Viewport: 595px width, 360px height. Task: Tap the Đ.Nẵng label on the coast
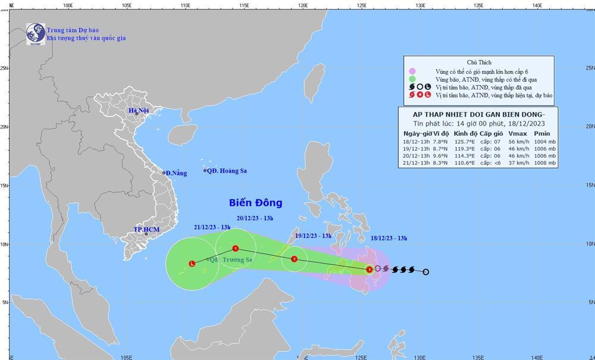(176, 173)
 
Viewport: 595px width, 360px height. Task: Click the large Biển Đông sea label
(255, 203)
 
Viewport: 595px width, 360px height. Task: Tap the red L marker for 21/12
(192, 264)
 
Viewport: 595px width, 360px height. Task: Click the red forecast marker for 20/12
(236, 249)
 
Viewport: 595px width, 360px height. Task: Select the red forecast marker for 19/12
(294, 259)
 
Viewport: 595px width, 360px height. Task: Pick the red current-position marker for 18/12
(369, 270)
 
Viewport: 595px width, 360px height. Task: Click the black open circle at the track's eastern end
(425, 272)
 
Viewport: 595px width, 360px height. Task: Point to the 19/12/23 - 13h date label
(313, 236)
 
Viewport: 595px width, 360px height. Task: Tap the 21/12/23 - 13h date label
(212, 227)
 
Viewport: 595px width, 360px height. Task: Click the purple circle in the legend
(411, 71)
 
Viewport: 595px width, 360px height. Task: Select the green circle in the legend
(411, 79)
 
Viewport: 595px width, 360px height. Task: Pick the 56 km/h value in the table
(518, 142)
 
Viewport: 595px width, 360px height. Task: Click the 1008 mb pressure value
(544, 163)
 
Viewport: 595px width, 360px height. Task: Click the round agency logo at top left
(35, 33)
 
